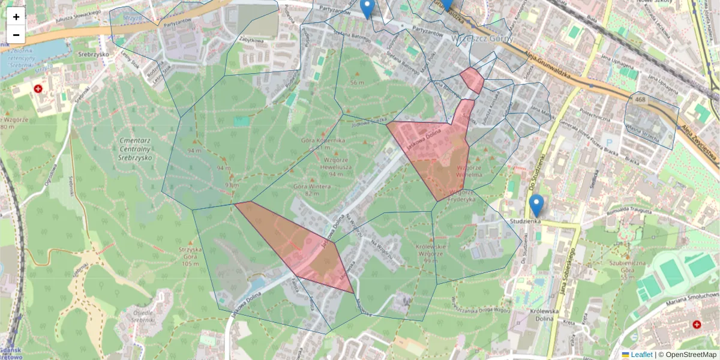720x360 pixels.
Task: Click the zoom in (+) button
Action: [16, 16]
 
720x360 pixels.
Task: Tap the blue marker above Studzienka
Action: [536, 205]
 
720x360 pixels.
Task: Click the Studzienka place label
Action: [526, 221]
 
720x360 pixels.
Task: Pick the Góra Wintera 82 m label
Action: [311, 190]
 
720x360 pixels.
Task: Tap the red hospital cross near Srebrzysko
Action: [38, 89]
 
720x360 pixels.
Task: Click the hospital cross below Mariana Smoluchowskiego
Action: [697, 325]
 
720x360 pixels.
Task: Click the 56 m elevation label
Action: [358, 82]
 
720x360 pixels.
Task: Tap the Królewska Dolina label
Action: [544, 316]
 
